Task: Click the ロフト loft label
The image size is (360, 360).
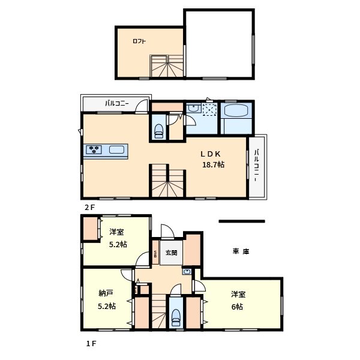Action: (x=139, y=41)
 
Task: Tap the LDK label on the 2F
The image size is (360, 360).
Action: (x=211, y=154)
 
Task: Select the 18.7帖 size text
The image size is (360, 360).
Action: (x=213, y=164)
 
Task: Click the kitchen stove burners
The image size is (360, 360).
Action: (x=94, y=149)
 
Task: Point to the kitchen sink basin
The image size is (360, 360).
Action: (x=116, y=149)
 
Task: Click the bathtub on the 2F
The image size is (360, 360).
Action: (x=236, y=111)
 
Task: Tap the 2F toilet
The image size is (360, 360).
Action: (x=158, y=131)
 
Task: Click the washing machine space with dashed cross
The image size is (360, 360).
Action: (x=209, y=110)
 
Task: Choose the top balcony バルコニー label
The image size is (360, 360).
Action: (x=117, y=103)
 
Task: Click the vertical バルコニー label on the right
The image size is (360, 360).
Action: (x=257, y=166)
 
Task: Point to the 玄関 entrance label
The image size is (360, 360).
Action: (x=171, y=253)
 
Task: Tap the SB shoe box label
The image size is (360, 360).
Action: (x=155, y=254)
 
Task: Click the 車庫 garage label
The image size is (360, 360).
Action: (x=241, y=251)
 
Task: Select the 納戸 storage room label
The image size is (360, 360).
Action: (x=106, y=293)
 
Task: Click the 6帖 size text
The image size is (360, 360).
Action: (x=237, y=307)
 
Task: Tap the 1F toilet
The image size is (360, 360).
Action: (x=176, y=317)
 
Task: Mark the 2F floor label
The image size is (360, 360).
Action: (x=89, y=208)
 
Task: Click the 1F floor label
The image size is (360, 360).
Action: (x=91, y=343)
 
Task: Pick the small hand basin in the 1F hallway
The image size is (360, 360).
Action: (x=187, y=272)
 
